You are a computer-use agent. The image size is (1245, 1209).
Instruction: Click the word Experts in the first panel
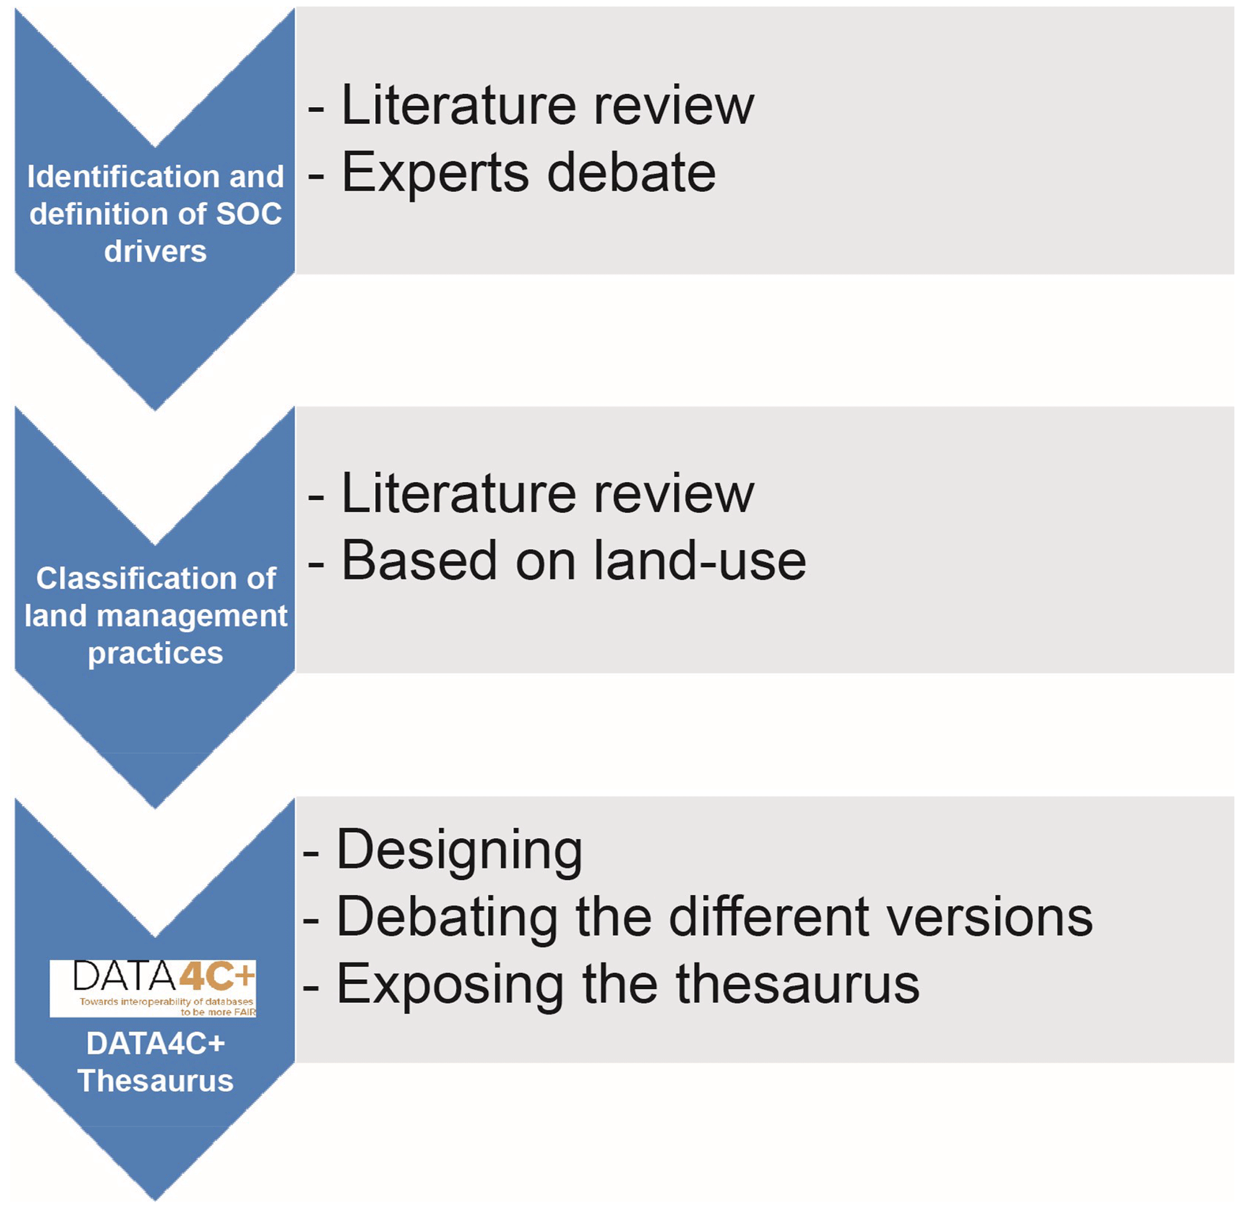click(435, 173)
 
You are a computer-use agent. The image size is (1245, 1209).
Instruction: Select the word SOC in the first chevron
click(248, 214)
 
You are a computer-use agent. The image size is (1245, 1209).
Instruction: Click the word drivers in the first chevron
click(155, 252)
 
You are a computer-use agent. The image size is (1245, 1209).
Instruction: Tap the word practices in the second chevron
click(155, 653)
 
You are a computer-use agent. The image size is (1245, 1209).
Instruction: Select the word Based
click(419, 561)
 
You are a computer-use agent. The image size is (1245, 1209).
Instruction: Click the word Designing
click(458, 851)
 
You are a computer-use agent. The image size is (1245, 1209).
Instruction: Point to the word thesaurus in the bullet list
click(797, 985)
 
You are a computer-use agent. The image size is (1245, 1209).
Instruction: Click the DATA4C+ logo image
click(152, 989)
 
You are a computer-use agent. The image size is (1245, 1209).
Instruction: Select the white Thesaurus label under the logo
click(155, 1081)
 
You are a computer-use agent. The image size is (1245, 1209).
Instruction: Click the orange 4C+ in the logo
click(216, 976)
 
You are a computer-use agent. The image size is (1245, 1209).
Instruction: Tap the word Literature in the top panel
click(458, 105)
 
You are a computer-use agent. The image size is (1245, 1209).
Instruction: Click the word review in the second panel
click(674, 494)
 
